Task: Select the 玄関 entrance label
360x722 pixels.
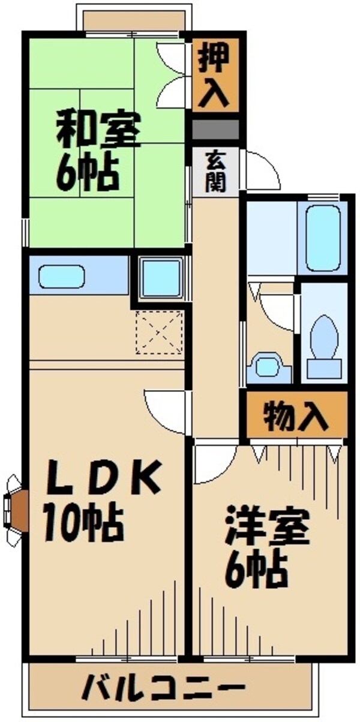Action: coord(215,171)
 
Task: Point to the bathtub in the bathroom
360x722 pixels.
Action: coord(325,237)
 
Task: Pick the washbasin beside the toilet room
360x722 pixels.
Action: coord(265,367)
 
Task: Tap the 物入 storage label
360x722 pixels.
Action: coord(296,415)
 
